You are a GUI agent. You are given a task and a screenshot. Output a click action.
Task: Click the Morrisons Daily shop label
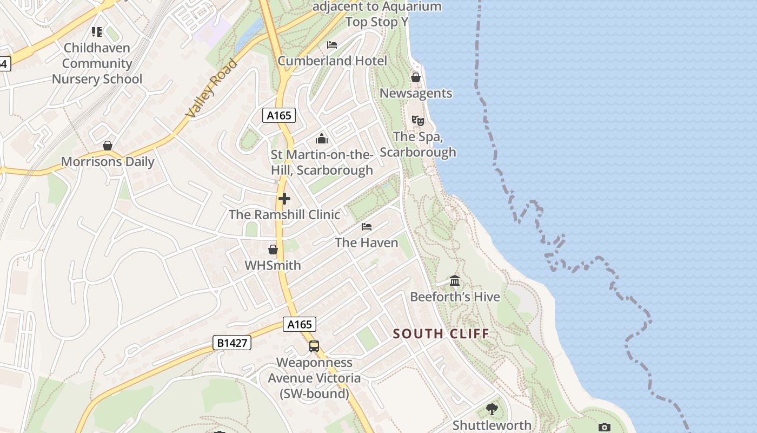[108, 161]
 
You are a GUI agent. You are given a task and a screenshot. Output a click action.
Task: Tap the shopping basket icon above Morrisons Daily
[108, 146]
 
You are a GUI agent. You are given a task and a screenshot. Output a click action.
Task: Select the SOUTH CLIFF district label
[441, 333]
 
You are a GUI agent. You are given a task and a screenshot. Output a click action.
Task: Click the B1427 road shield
[231, 343]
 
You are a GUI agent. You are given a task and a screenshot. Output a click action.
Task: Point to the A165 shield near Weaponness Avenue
[300, 324]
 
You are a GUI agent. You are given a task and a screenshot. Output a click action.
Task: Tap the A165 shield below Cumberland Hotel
[279, 115]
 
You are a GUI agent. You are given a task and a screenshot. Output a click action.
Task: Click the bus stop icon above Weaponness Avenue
[314, 346]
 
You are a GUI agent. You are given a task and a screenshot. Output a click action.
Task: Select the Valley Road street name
[211, 88]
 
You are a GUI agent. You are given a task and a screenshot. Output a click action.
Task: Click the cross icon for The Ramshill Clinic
[284, 199]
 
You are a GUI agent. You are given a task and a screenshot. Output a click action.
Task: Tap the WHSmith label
[273, 265]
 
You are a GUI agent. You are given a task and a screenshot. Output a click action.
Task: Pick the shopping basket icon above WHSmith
[273, 250]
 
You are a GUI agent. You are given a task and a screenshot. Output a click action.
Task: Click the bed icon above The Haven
[367, 227]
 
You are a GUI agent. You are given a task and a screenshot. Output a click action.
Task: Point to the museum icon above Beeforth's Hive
[455, 281]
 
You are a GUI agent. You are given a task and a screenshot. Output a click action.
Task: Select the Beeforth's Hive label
[455, 297]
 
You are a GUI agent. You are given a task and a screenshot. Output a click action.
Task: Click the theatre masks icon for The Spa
[417, 121]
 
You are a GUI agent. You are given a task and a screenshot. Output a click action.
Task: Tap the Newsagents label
[415, 93]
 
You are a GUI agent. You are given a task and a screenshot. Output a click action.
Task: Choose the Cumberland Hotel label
[332, 61]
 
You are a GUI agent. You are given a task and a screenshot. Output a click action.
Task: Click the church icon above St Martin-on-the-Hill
[322, 139]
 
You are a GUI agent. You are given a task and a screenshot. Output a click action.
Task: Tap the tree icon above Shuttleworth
[492, 409]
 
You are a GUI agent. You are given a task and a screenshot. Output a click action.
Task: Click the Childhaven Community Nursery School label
[97, 63]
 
